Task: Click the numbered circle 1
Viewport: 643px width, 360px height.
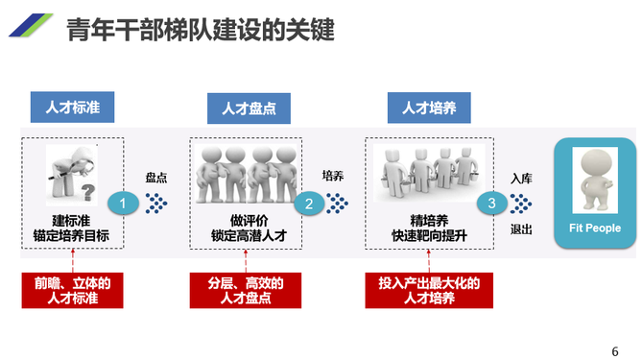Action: pyautogui.click(x=123, y=204)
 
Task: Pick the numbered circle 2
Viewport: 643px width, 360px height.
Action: pyautogui.click(x=309, y=204)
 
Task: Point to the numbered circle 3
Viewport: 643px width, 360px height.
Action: pyautogui.click(x=491, y=204)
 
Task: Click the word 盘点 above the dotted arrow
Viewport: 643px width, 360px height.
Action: pyautogui.click(x=157, y=178)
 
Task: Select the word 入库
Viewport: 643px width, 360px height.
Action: pyautogui.click(x=522, y=179)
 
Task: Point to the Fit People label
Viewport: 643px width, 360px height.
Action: pyautogui.click(x=595, y=228)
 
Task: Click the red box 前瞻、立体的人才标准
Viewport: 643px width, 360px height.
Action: pyautogui.click(x=73, y=290)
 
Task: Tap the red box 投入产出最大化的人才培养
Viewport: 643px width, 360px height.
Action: pyautogui.click(x=429, y=290)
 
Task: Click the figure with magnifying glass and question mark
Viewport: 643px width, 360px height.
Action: pyautogui.click(x=73, y=174)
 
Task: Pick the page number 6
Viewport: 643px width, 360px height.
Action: pyautogui.click(x=615, y=349)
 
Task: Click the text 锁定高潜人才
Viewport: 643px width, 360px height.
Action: pyautogui.click(x=250, y=234)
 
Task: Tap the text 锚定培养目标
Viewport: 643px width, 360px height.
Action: pyautogui.click(x=73, y=234)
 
